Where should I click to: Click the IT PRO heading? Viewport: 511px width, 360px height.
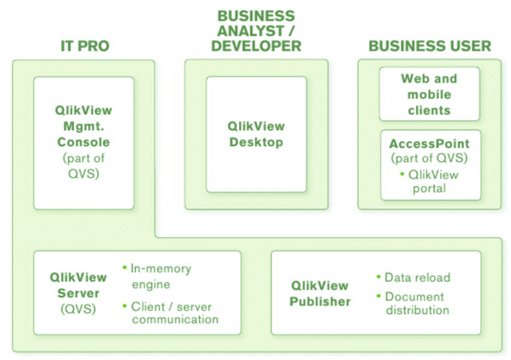tap(84, 47)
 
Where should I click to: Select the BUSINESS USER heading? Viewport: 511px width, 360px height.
tap(429, 47)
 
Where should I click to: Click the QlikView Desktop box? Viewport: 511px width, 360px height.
tap(256, 134)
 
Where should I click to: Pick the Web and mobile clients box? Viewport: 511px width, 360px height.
tap(429, 94)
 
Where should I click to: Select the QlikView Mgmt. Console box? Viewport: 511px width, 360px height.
tap(83, 142)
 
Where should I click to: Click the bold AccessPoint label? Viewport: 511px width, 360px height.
tap(429, 144)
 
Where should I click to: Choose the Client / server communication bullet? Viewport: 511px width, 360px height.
tap(175, 313)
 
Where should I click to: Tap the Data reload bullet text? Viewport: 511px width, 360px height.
tap(417, 277)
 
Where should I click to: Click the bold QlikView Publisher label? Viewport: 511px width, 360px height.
tap(321, 293)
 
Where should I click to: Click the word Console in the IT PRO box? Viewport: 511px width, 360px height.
tap(83, 142)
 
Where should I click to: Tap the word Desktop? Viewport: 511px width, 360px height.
tap(256, 142)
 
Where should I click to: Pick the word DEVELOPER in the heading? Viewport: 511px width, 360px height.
tap(256, 47)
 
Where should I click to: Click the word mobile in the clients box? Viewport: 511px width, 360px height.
tap(429, 95)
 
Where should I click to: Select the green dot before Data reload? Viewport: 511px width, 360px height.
tap(378, 277)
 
